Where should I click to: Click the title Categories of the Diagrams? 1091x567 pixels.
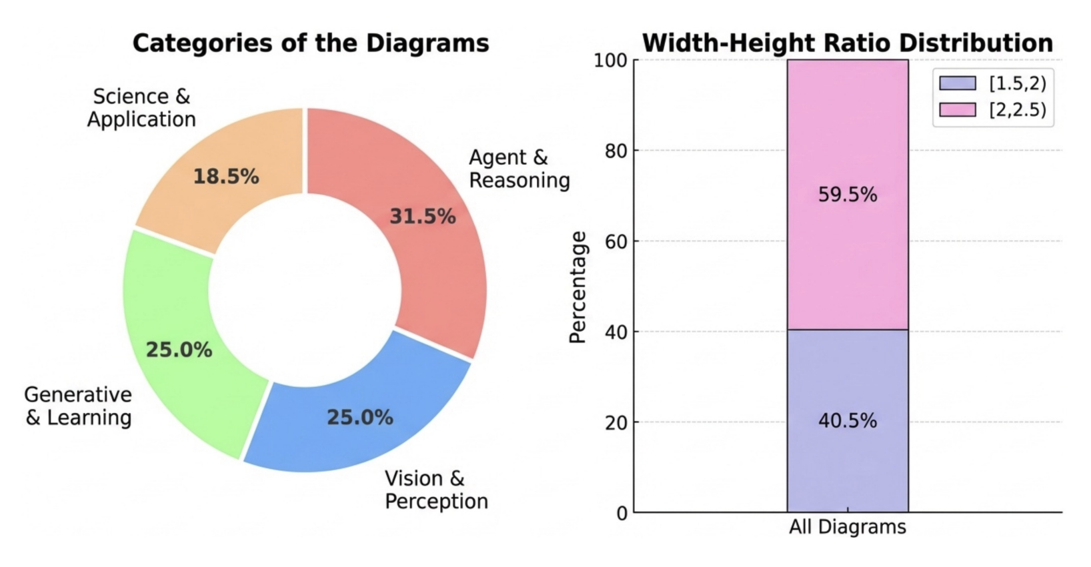[x=311, y=43]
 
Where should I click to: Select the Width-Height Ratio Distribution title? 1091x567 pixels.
[x=847, y=43]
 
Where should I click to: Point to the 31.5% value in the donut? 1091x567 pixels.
[x=422, y=216]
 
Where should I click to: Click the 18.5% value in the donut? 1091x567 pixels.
[x=225, y=177]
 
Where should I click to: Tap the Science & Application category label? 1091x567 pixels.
[x=141, y=108]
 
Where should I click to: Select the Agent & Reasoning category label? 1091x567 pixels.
[x=519, y=169]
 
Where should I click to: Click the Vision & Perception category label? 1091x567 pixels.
[x=436, y=490]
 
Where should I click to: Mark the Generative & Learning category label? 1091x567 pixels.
[x=78, y=406]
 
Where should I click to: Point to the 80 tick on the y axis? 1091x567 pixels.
[x=616, y=151]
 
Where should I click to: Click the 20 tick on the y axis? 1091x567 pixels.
[x=616, y=422]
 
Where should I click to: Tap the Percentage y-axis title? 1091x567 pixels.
[x=578, y=287]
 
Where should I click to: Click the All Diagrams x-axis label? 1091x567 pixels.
[x=847, y=527]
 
